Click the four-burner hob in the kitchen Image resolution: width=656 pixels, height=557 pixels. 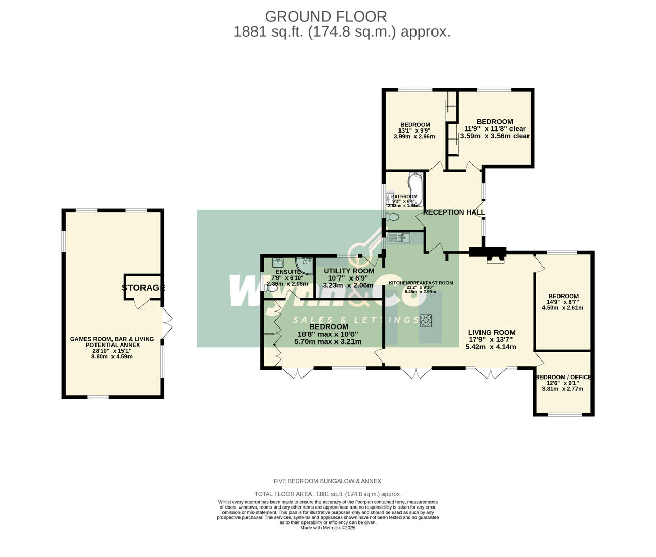click(427, 320)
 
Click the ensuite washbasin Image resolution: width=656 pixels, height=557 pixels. click(278, 263)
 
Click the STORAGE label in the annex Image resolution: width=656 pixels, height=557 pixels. click(143, 288)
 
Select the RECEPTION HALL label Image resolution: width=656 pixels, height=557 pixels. click(454, 212)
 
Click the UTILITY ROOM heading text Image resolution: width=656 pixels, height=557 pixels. click(348, 271)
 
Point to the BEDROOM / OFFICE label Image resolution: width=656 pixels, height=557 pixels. click(563, 377)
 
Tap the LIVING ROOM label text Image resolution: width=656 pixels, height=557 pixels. click(491, 333)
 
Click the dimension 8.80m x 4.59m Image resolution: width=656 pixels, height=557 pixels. click(112, 356)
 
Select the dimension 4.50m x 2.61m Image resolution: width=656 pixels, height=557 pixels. click(562, 308)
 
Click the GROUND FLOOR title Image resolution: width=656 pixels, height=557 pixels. click(326, 17)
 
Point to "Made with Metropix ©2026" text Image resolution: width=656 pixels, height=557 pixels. click(328, 528)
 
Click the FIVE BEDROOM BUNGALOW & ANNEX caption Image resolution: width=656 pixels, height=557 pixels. click(328, 481)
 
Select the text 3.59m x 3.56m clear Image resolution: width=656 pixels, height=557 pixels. click(494, 136)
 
